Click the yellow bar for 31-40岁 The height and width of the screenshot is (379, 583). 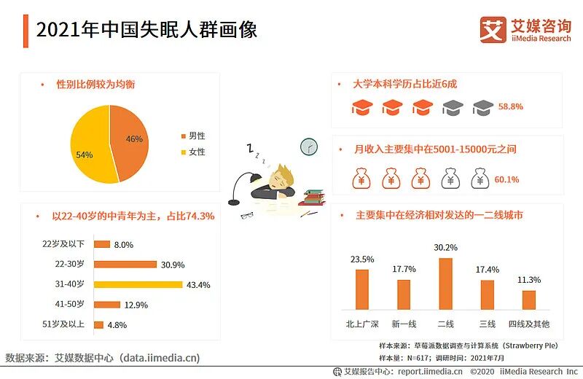tap(138, 284)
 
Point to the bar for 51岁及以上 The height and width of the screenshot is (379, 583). tap(99, 325)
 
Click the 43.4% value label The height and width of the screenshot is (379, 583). tap(198, 285)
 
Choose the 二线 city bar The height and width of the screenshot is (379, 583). tap(445, 284)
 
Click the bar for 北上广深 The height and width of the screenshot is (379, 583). tap(362, 289)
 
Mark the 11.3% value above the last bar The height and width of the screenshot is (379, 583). tap(529, 280)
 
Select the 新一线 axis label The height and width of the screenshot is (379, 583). tap(404, 324)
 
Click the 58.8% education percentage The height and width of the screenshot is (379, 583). tap(510, 106)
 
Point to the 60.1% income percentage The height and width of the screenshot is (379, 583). tap(507, 179)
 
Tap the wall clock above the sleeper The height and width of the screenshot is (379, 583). tap(309, 146)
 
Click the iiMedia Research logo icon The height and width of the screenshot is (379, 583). tap(493, 30)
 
